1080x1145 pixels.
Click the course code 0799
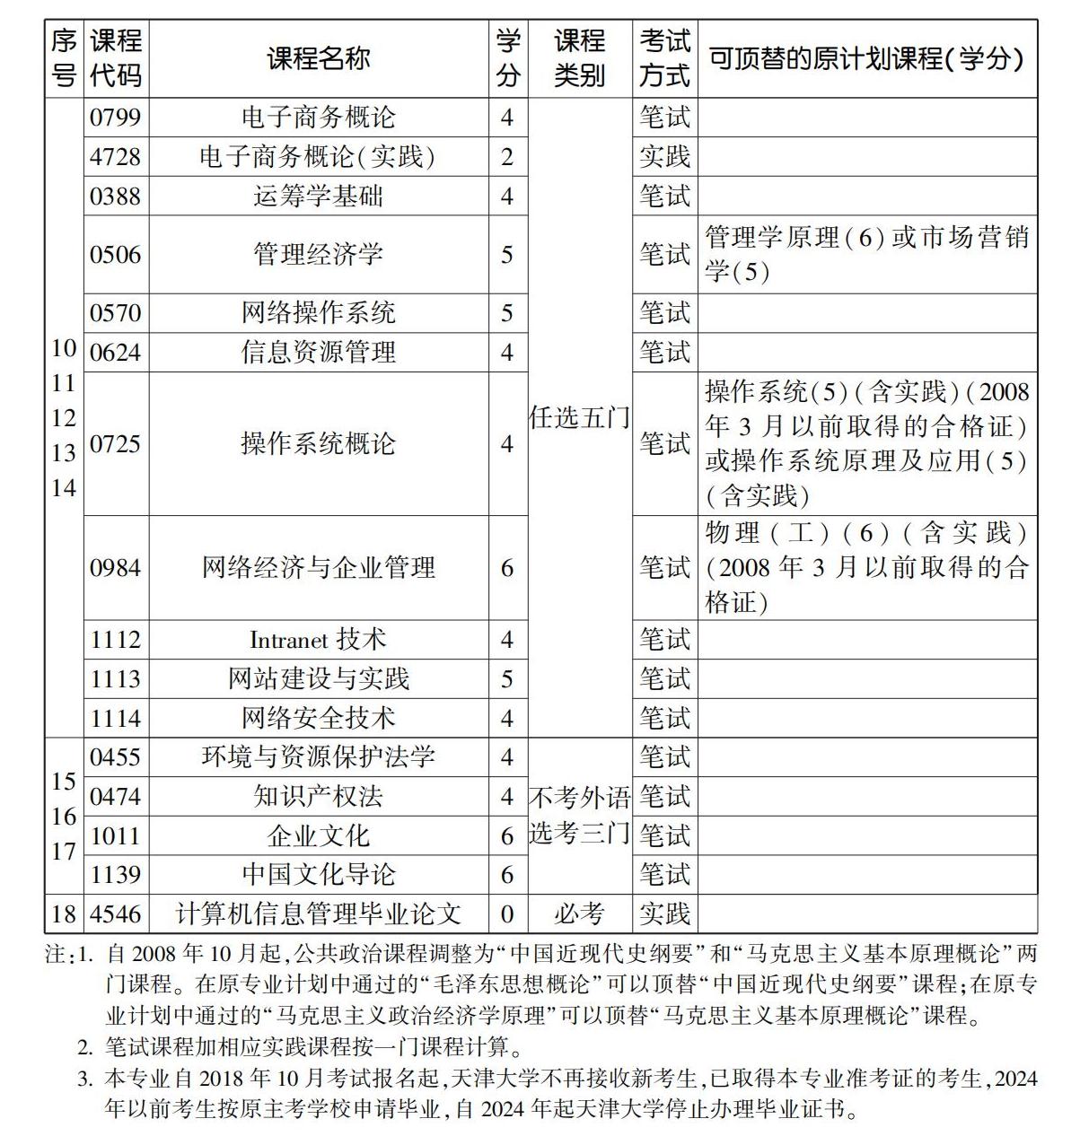[115, 118]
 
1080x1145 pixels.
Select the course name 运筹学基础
[319, 196]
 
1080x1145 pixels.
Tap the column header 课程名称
[319, 59]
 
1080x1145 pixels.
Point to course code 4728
[115, 157]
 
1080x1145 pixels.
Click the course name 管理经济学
[319, 254]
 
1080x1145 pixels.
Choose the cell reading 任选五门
[579, 417]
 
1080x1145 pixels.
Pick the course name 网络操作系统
[319, 312]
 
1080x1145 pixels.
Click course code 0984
[115, 567]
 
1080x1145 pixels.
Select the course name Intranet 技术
[319, 640]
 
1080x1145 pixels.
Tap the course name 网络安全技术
[319, 718]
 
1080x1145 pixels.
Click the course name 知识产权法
[319, 796]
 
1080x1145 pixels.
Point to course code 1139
[115, 874]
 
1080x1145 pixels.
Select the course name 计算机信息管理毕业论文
[319, 913]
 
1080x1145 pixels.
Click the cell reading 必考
[579, 913]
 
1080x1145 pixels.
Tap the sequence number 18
[64, 913]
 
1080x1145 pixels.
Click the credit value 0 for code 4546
[507, 913]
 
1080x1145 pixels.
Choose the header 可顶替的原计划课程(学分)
[866, 59]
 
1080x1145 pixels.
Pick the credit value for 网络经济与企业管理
[507, 567]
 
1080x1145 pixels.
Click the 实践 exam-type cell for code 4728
[664, 157]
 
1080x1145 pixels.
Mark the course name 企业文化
[319, 835]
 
